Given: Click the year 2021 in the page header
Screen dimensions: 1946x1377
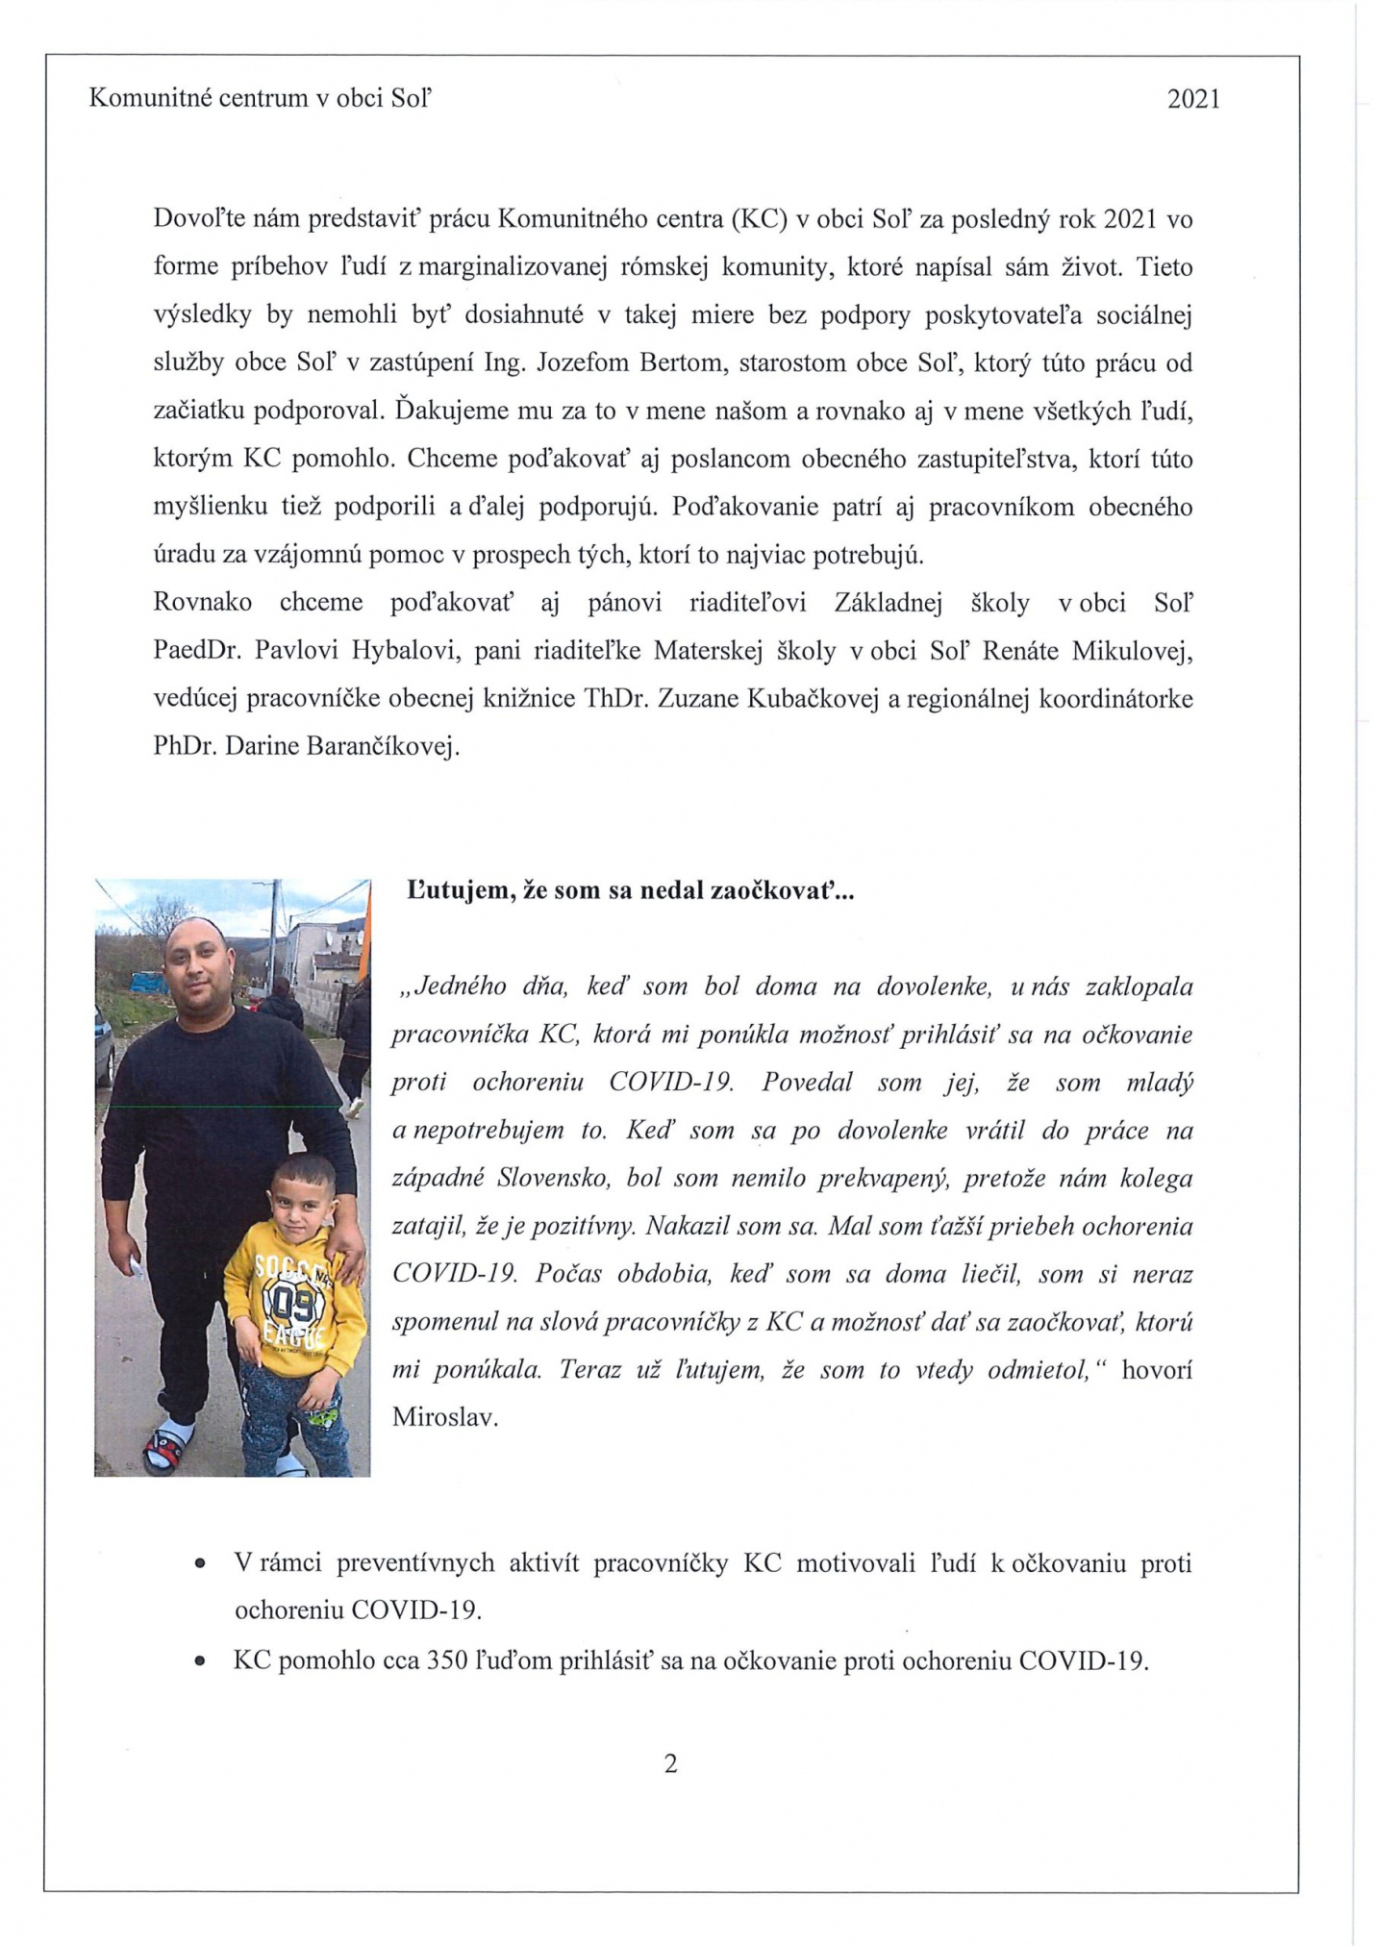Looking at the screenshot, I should (x=1192, y=99).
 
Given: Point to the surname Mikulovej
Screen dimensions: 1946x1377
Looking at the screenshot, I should (x=1136, y=651).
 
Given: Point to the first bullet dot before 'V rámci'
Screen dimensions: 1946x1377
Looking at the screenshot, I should (x=200, y=1565).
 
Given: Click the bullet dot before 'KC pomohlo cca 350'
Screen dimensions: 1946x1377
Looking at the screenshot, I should (x=200, y=1661).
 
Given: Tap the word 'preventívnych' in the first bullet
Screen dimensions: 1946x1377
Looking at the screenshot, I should (x=415, y=1564).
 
